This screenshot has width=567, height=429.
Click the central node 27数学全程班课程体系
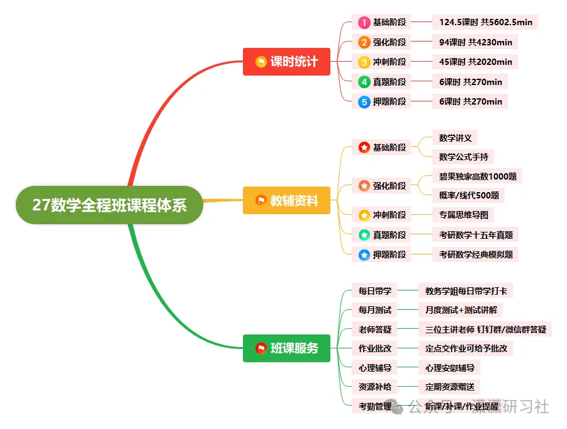[109, 205]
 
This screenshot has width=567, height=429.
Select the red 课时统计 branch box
[286, 62]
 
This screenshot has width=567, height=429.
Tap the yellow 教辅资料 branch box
[286, 201]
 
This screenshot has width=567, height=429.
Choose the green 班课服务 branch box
[286, 348]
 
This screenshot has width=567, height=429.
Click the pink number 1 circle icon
[364, 23]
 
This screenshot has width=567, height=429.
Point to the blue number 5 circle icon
[364, 101]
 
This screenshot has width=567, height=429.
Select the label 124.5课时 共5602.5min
[485, 23]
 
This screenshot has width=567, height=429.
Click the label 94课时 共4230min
[475, 42]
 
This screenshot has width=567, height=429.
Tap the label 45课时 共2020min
[475, 62]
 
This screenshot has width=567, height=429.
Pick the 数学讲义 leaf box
[455, 138]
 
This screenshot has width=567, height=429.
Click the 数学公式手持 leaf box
[463, 156]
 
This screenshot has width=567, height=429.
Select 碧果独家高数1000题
[478, 176]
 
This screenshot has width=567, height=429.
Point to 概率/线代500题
[469, 195]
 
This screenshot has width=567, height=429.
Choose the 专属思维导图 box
[463, 215]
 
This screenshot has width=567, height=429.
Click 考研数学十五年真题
[475, 235]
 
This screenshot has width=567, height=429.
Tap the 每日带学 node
[374, 291]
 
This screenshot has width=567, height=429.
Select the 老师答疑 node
[374, 329]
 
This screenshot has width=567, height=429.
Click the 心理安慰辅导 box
[449, 367]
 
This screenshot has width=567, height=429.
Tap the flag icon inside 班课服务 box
[261, 348]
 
